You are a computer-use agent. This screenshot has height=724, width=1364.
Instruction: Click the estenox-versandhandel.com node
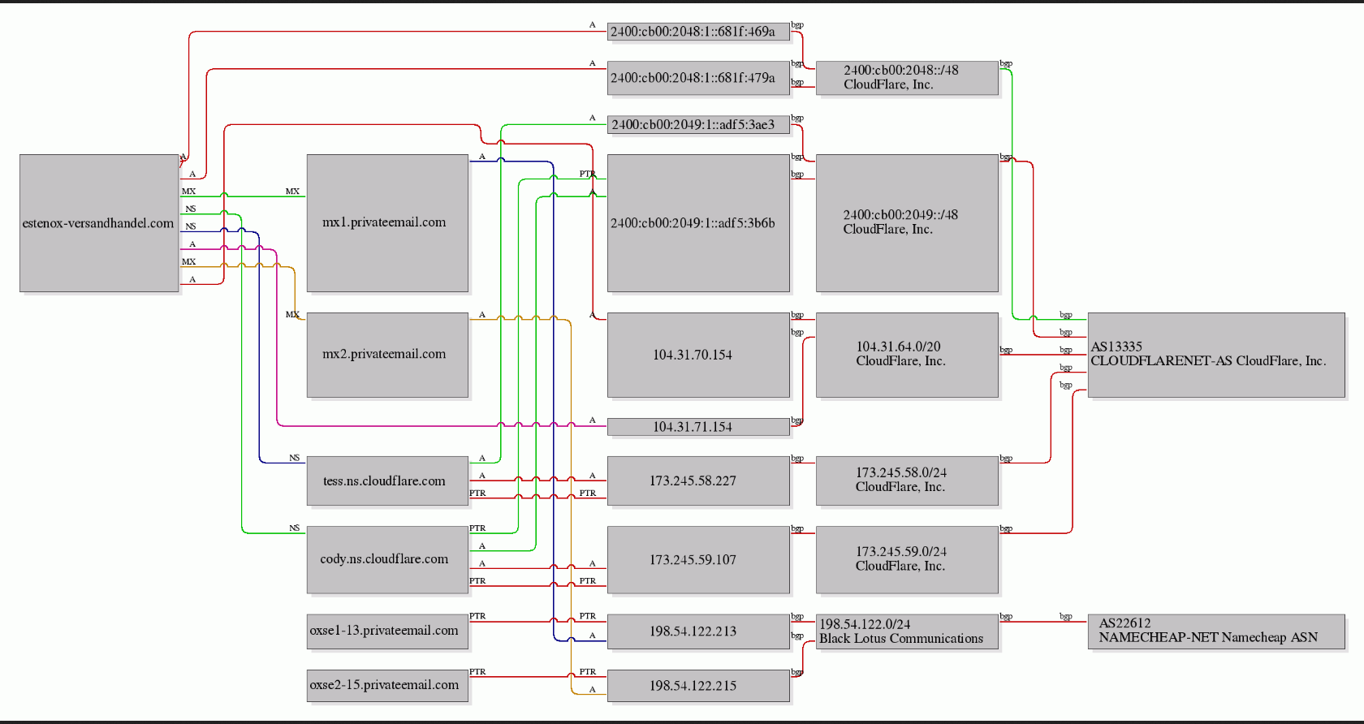pyautogui.click(x=99, y=223)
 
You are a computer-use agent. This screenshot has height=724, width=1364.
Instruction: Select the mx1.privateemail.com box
pyautogui.click(x=387, y=223)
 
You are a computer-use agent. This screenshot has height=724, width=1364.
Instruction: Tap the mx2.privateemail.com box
pyautogui.click(x=387, y=355)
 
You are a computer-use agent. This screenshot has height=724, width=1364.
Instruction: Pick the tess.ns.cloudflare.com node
pyautogui.click(x=387, y=481)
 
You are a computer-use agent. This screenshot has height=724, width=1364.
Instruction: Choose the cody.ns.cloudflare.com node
pyautogui.click(x=387, y=559)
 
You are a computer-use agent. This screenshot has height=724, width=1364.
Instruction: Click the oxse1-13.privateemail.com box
pyautogui.click(x=387, y=631)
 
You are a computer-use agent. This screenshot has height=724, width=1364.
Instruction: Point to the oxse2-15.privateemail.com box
pyautogui.click(x=387, y=686)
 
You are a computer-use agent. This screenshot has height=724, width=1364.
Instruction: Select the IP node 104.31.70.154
pyautogui.click(x=698, y=355)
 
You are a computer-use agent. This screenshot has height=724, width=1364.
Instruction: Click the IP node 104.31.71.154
pyautogui.click(x=698, y=427)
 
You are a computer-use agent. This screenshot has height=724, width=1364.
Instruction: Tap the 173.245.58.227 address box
pyautogui.click(x=698, y=481)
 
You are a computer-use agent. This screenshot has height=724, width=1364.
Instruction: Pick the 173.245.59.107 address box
pyautogui.click(x=698, y=559)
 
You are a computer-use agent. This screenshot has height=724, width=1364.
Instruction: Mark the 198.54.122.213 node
pyautogui.click(x=698, y=631)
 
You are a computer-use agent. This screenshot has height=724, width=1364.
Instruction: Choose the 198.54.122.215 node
pyautogui.click(x=698, y=686)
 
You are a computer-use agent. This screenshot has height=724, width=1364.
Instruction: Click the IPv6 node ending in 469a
pyautogui.click(x=698, y=32)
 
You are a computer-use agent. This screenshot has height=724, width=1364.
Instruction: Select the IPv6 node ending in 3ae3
pyautogui.click(x=698, y=125)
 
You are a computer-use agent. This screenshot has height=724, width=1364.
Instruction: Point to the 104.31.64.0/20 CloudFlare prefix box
pyautogui.click(x=908, y=355)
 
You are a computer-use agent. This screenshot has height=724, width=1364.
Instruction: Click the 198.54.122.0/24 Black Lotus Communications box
pyautogui.click(x=908, y=631)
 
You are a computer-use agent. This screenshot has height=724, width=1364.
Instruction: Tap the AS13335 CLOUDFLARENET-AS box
pyautogui.click(x=1216, y=355)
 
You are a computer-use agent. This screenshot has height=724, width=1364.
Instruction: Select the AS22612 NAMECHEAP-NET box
pyautogui.click(x=1216, y=631)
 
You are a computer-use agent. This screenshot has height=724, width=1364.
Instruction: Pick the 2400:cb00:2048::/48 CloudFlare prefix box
pyautogui.click(x=908, y=78)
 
